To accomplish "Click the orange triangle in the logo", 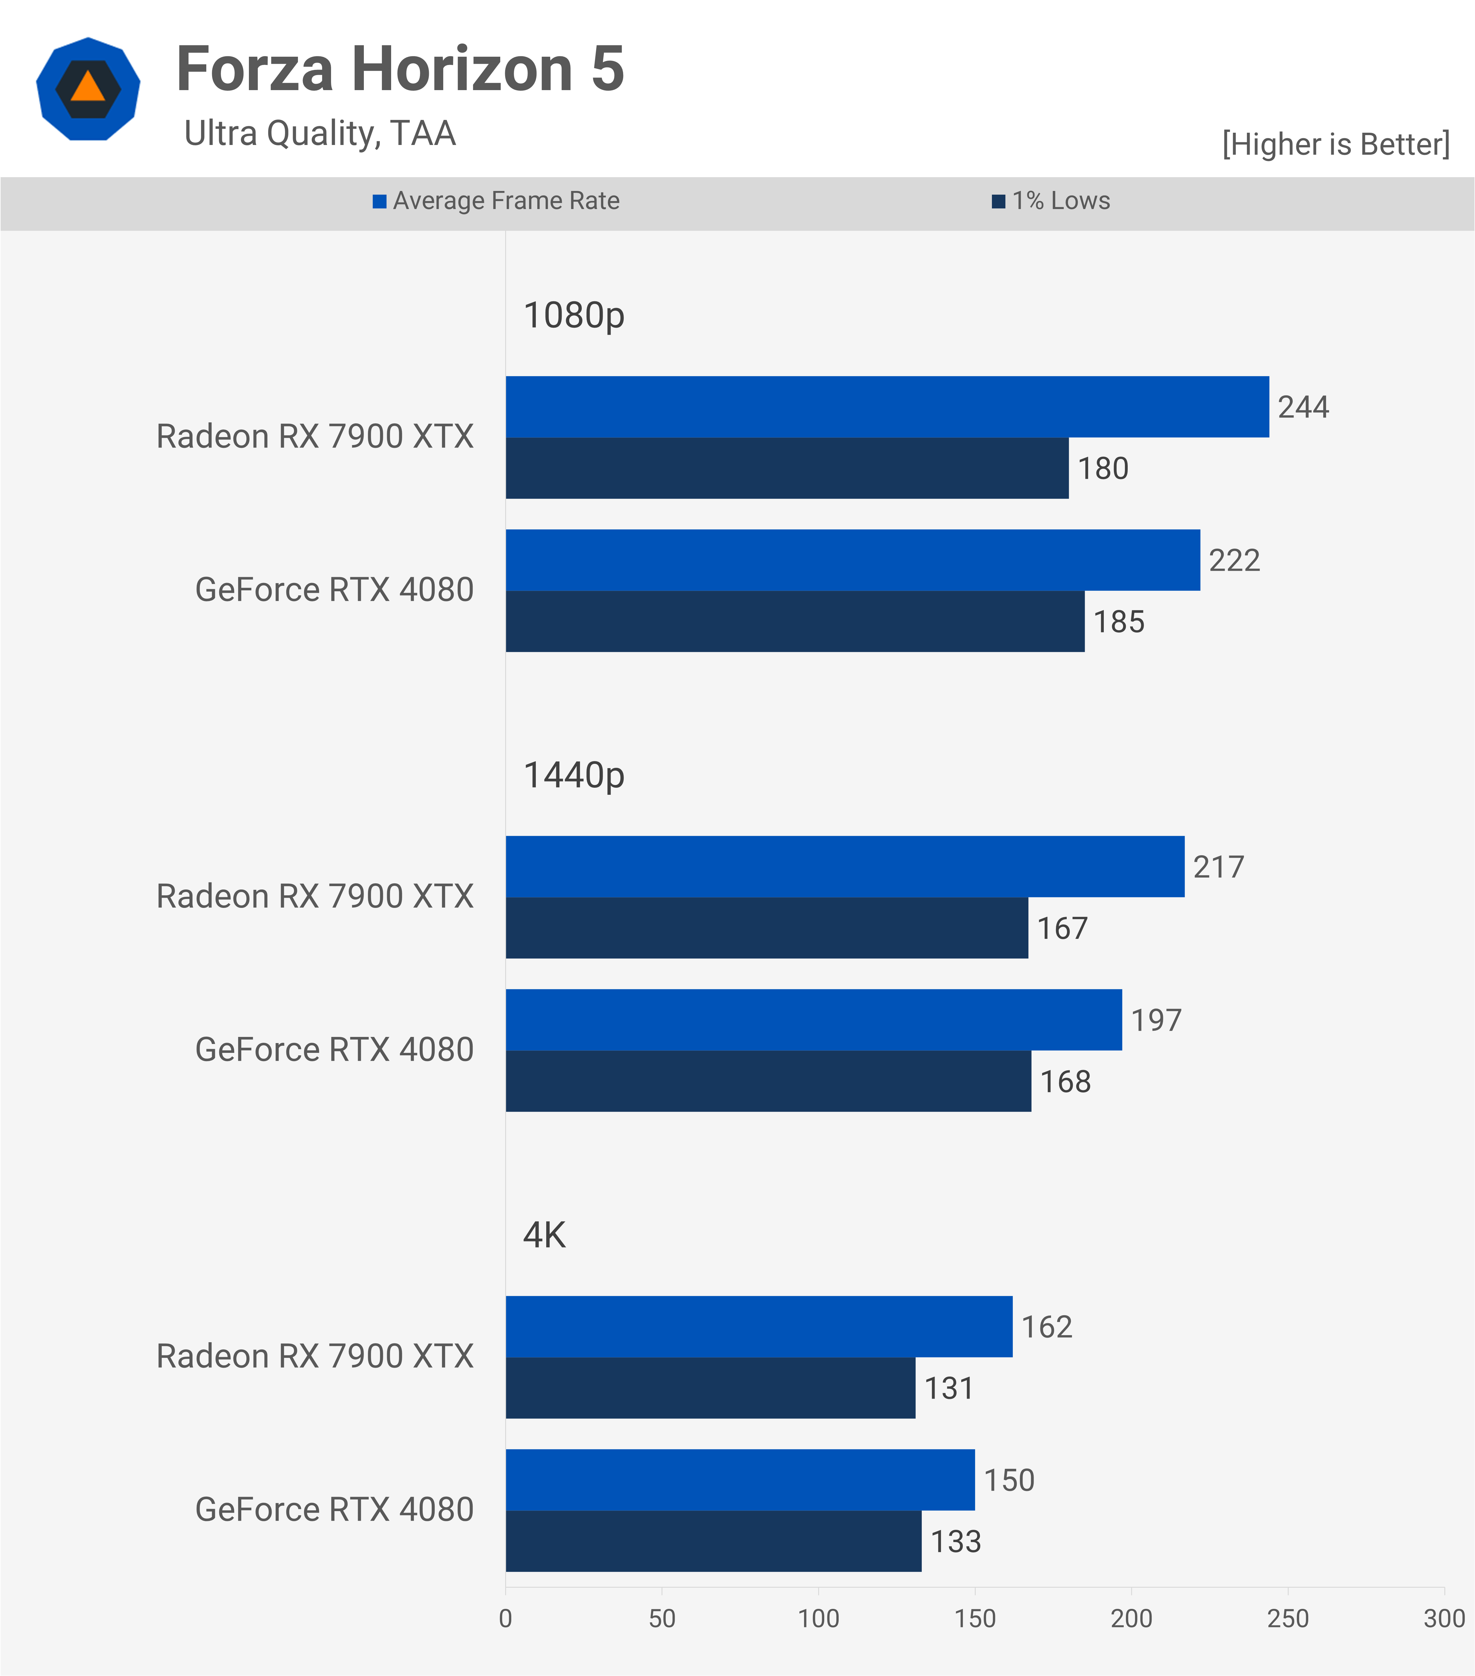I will click(88, 87).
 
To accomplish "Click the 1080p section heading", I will click(574, 316).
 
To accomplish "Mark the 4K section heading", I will click(544, 1235).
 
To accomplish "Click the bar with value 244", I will click(887, 407).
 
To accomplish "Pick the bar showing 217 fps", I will click(844, 867).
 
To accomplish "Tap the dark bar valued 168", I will click(768, 1082).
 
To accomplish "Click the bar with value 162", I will click(758, 1327).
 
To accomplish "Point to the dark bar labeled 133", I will click(713, 1541).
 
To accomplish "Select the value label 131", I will click(949, 1388).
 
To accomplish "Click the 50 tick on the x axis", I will click(662, 1619).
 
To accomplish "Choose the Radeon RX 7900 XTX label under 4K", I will click(315, 1357).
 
